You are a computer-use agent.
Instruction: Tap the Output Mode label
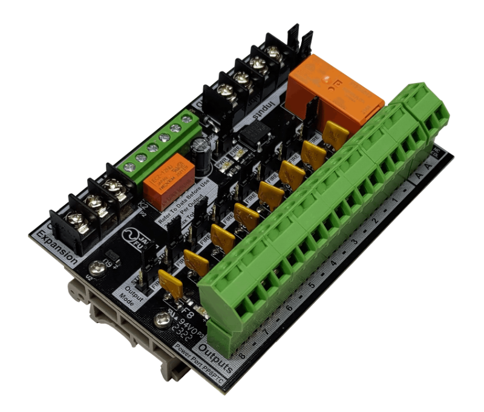(x=129, y=293)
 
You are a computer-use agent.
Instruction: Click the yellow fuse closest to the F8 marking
(x=169, y=283)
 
